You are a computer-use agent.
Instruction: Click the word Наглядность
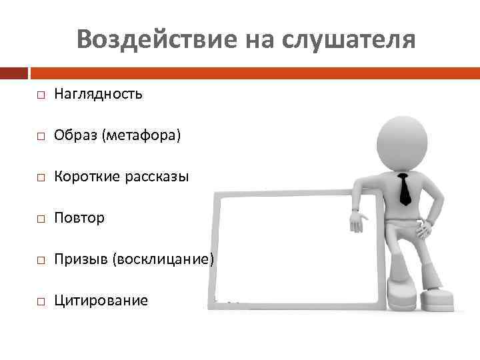coord(98,94)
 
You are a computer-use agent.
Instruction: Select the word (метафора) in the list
coord(141,135)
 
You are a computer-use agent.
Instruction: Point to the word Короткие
coord(83,177)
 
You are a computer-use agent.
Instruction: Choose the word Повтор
coord(79,218)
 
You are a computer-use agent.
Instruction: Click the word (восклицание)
coord(163,259)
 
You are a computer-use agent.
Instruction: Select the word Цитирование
coord(101,301)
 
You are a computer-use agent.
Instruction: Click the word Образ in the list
coord(75,135)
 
